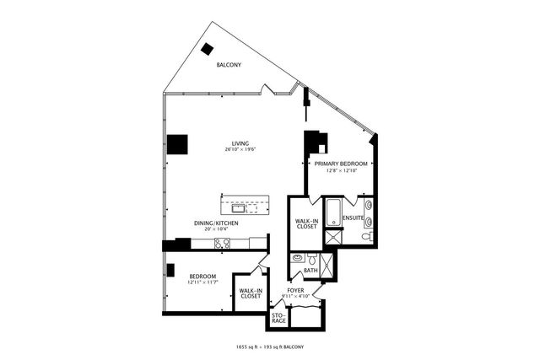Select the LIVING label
[x=240, y=143]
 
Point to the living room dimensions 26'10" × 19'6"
[x=240, y=150]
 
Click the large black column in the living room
[x=177, y=144]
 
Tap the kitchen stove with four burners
[x=222, y=243]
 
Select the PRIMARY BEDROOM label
[x=342, y=164]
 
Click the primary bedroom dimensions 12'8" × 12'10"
[x=342, y=170]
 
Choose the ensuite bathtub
[x=332, y=211]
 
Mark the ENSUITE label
[x=353, y=218]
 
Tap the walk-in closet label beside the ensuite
[x=305, y=223]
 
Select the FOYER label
[x=297, y=290]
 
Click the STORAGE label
[x=278, y=318]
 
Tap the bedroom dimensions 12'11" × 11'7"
[x=202, y=282]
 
